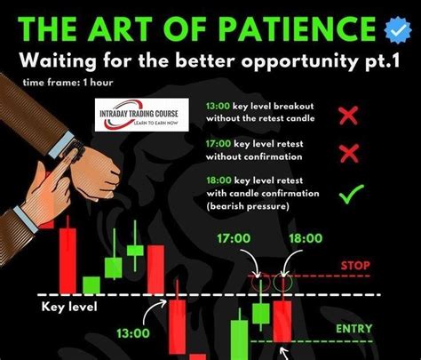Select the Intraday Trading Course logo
pyautogui.click(x=137, y=116)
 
